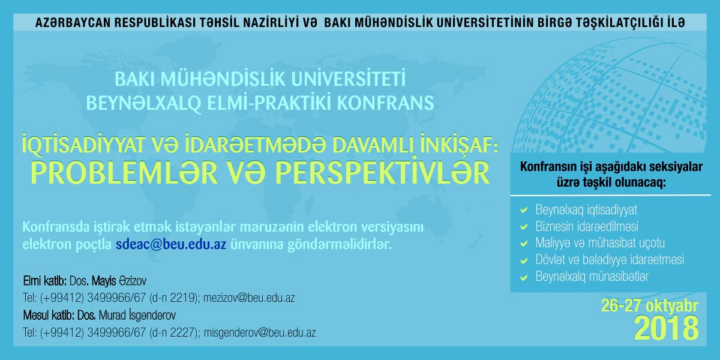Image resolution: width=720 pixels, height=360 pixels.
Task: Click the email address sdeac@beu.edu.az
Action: (171, 244)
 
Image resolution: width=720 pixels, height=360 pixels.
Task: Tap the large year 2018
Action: (666, 328)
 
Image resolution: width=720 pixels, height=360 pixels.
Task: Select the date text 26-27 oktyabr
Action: (650, 306)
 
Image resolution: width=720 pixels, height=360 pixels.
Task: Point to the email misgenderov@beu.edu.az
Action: (260, 332)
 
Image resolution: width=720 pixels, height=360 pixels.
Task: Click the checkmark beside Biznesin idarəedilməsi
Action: (524, 227)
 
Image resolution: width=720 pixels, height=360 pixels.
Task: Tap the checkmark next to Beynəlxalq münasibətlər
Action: (524, 277)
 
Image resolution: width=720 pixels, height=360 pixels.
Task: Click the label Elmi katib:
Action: (44, 281)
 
